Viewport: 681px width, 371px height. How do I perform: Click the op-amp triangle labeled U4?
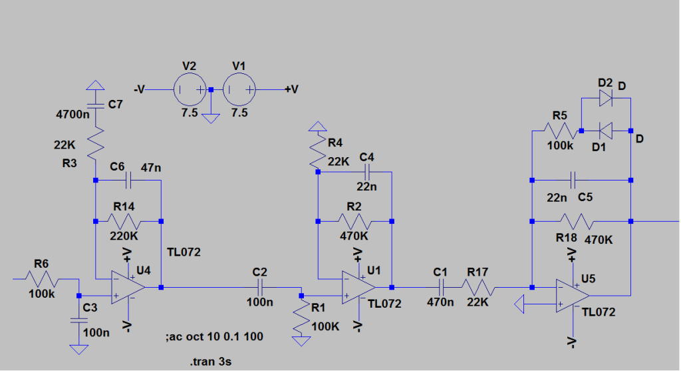click(128, 288)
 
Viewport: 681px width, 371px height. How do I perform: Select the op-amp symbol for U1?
click(358, 288)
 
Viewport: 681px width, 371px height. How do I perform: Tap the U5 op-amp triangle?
click(573, 296)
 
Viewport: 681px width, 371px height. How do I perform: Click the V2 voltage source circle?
click(190, 90)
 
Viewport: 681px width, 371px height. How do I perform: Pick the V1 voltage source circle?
click(239, 90)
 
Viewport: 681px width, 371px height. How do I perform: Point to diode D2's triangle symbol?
click(605, 99)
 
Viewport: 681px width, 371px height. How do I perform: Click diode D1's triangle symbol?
click(605, 131)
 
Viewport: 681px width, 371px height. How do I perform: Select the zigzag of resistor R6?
click(42, 279)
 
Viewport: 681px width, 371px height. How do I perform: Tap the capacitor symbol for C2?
click(260, 288)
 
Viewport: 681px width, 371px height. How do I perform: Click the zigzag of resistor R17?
click(477, 288)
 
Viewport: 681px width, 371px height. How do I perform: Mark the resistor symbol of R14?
click(124, 221)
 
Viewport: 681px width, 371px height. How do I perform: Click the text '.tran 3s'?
click(211, 362)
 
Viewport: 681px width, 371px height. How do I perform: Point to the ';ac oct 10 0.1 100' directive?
click(215, 336)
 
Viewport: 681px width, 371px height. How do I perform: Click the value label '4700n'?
click(73, 115)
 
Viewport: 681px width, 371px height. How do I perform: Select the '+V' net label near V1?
click(291, 89)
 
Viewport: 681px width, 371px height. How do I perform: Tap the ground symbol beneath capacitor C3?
click(78, 350)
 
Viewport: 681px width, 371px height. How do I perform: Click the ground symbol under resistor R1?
click(301, 342)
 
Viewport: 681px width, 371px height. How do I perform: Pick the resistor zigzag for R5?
click(560, 131)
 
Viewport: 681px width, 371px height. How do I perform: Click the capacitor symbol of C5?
click(573, 180)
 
